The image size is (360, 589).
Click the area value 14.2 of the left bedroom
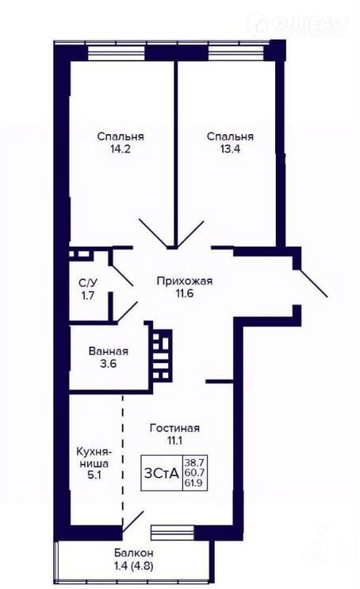pos(121,149)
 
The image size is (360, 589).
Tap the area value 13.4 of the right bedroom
pos(230,149)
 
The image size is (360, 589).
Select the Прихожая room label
pos(185,281)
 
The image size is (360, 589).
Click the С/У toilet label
pos(88,282)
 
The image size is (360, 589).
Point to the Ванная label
pos(108,351)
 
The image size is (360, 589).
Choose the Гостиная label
pos(174,428)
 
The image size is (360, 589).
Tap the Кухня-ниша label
pos(94,457)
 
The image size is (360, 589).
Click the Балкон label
pos(134,553)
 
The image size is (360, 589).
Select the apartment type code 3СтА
pos(162,473)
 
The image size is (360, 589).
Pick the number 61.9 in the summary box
pos(193,482)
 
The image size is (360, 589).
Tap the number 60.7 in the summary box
pos(193,472)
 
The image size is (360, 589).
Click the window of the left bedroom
pos(116,53)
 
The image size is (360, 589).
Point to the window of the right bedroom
pos(236,53)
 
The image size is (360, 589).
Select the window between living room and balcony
pos(172,532)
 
